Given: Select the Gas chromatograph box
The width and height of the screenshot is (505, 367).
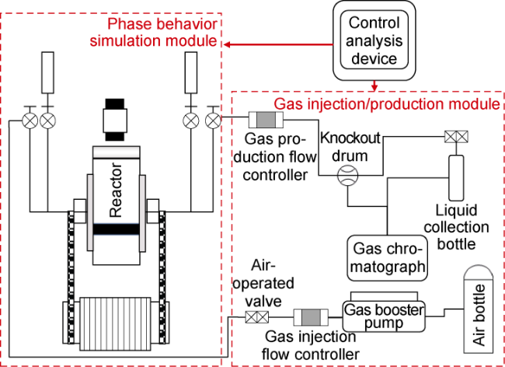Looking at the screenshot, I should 388,257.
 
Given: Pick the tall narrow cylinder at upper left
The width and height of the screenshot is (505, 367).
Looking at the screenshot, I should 47,74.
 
